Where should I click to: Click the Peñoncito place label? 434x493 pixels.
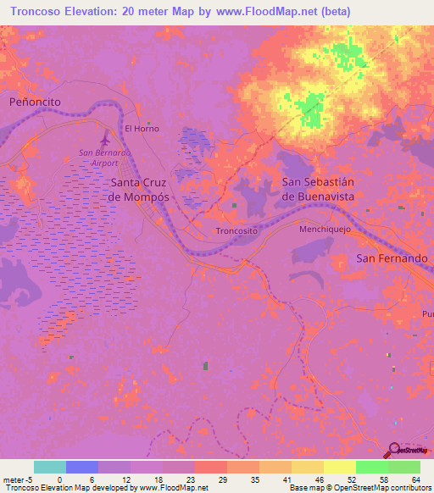36,101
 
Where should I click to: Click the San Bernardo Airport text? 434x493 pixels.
104,157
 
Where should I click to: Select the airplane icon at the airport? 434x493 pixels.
104,138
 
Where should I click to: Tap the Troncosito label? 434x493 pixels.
236,230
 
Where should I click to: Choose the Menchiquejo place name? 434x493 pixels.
325,230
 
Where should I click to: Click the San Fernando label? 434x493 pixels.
392,258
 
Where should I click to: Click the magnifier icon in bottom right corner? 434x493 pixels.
397,451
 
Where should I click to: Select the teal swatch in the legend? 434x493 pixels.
49,467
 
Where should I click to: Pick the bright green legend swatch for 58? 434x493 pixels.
371,467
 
